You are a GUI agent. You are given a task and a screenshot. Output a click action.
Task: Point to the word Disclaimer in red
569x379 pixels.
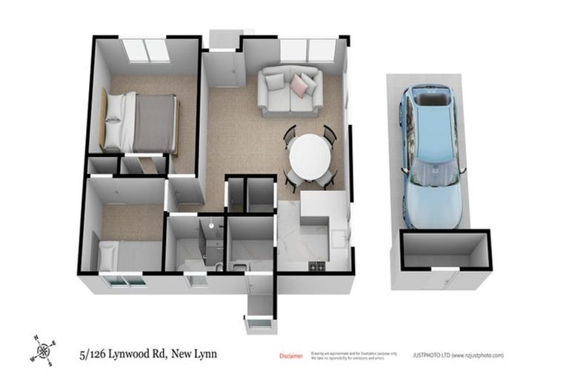tap(290, 356)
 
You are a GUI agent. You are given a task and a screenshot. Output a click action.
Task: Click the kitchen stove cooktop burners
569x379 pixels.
tap(317, 266)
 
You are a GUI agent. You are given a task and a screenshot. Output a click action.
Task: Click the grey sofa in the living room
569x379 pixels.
tap(289, 87)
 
